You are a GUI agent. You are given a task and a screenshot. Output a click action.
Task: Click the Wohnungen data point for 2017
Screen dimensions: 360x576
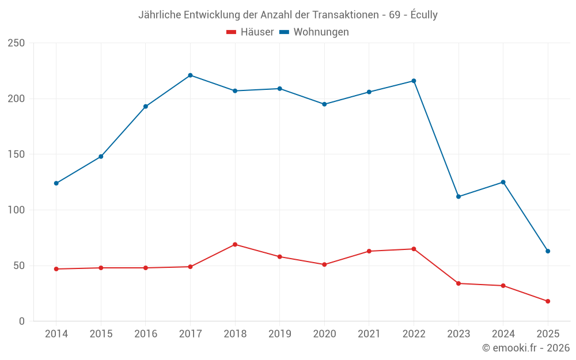click(190, 75)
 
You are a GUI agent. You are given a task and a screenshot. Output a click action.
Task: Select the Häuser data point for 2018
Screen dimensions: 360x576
click(235, 244)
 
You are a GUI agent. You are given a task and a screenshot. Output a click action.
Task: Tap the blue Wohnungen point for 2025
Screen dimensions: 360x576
click(548, 251)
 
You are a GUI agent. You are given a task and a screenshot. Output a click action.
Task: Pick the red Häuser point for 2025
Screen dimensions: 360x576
click(548, 301)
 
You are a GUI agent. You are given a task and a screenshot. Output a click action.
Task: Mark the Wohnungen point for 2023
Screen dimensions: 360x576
click(458, 196)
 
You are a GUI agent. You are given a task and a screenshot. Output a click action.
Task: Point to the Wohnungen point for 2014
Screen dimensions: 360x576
click(56, 183)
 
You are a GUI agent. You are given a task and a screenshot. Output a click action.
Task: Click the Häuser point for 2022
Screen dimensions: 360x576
click(414, 249)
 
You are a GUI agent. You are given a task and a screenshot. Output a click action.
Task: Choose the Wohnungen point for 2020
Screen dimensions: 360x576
click(324, 104)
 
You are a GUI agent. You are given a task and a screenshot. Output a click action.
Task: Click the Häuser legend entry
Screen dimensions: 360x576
click(250, 32)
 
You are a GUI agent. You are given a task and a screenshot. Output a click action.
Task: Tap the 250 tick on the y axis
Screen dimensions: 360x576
click(17, 43)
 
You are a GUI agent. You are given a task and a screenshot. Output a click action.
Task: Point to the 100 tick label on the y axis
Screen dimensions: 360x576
click(17, 210)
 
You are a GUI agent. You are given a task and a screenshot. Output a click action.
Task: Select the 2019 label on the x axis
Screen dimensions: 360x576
click(279, 334)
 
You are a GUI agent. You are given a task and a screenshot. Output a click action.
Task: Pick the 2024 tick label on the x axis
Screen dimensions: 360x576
click(503, 334)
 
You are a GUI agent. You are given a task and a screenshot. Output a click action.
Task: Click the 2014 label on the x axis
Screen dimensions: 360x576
click(56, 334)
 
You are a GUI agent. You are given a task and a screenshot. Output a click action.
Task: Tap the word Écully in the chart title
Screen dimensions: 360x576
click(423, 15)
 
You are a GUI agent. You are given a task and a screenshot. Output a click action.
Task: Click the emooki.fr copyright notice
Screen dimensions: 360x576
click(526, 348)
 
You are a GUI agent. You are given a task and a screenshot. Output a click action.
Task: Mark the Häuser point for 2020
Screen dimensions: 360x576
click(324, 264)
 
